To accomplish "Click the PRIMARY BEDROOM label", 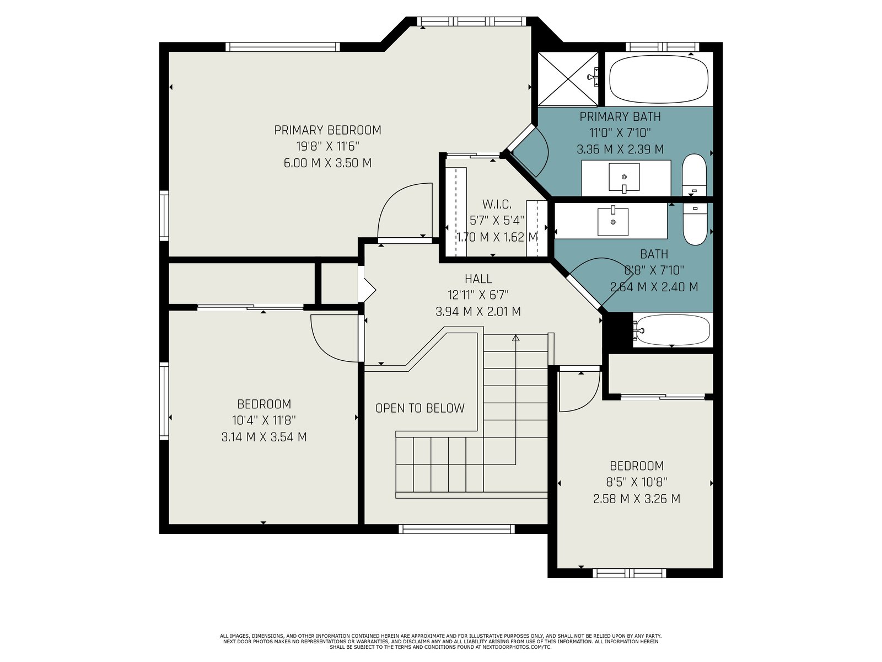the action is coord(327,130).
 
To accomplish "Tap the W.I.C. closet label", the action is coord(497,204).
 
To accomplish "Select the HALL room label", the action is coord(478,279).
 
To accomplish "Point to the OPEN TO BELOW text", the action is coord(420,408).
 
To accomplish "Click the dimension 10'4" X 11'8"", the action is coord(264,420).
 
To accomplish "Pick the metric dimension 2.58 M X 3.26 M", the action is coord(637,499).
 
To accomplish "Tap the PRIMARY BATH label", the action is coord(620,117).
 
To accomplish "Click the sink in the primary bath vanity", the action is coord(624,177).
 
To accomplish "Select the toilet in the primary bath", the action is coord(695,175).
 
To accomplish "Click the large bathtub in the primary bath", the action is coord(659,79).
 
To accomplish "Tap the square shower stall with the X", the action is coord(568,79).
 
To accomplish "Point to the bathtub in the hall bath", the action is coord(672,330).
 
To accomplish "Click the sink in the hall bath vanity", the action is coord(613,221).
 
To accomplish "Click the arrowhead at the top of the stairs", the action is coord(516,338).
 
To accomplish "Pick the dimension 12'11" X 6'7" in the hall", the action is coord(478,295).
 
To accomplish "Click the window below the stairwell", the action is coord(456,529).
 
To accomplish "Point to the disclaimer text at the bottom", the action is coord(441,641).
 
